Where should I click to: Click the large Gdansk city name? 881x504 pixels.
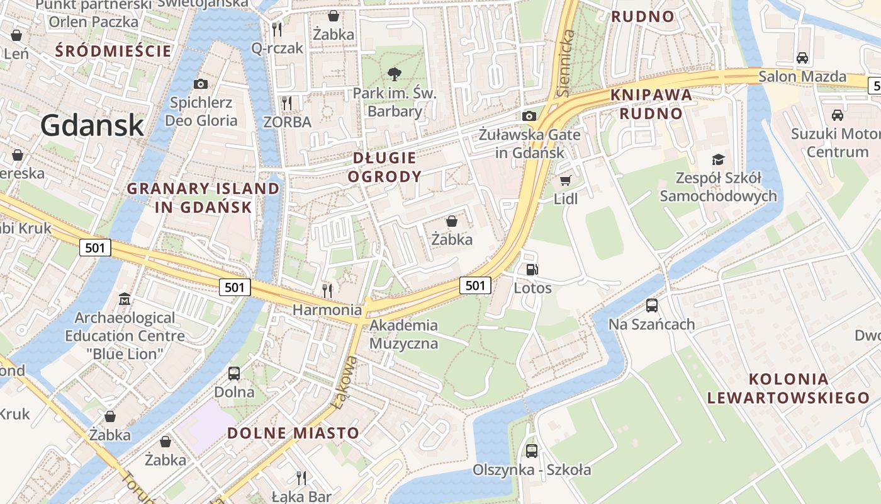tap(93, 126)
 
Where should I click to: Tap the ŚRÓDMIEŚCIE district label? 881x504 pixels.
tap(113, 50)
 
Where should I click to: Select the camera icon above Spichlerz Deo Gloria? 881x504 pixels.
tap(200, 84)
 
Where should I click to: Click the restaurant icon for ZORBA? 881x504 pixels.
tap(287, 103)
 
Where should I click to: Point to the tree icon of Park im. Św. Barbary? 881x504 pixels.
tap(395, 74)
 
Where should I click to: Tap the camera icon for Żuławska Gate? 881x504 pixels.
tap(529, 116)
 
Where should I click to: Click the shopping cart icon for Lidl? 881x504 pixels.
tap(565, 181)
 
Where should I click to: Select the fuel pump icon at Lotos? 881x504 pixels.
tap(532, 270)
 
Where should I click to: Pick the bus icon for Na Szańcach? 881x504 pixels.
tap(652, 306)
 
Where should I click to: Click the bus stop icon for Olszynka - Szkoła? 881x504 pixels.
tap(532, 451)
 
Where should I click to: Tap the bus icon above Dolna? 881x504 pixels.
tap(234, 374)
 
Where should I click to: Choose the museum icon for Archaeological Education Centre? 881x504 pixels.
tap(125, 299)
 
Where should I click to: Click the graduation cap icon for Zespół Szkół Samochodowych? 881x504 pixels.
tap(718, 159)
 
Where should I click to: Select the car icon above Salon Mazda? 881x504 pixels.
tap(802, 58)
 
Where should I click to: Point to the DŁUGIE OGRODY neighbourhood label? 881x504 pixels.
tap(384, 167)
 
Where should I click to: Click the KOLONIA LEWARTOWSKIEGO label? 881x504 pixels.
tap(788, 389)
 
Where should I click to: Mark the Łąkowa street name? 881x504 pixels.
tap(345, 382)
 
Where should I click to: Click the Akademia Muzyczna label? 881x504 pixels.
tap(403, 335)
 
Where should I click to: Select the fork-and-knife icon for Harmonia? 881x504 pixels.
tap(327, 290)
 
